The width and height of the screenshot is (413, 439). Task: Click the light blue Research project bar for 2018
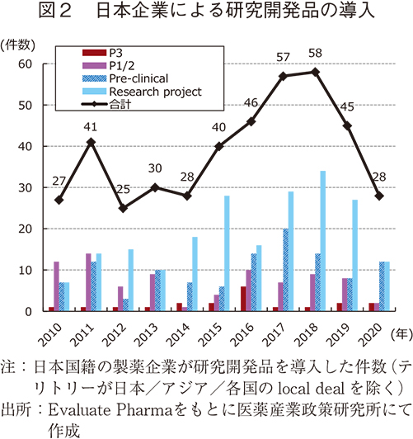[x=322, y=242]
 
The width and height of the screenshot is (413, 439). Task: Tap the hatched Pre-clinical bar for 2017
[x=285, y=271]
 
